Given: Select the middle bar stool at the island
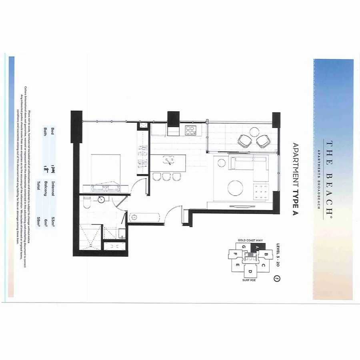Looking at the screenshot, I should coord(166,176).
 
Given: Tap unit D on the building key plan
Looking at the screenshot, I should coord(250,272).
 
